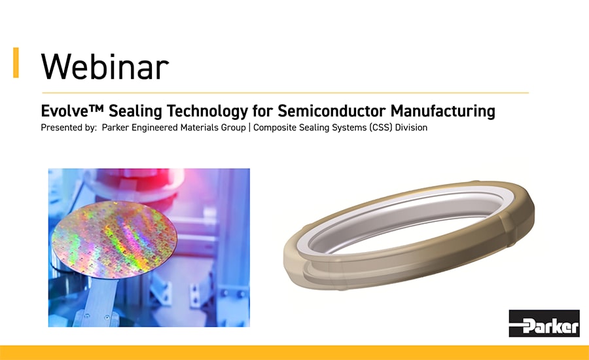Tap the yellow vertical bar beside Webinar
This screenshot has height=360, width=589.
point(16,63)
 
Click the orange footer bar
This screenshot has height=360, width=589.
point(294,353)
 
